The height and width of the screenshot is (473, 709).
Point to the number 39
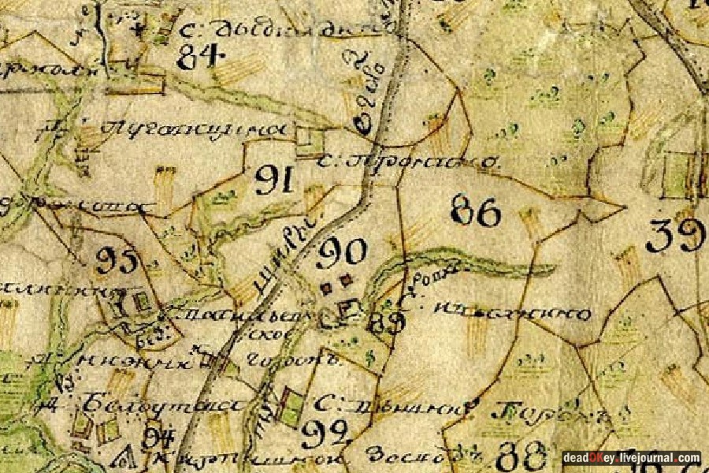point(675,235)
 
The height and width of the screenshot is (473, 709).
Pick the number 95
point(117,260)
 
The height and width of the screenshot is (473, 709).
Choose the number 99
point(324,432)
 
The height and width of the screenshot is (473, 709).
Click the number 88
point(522,455)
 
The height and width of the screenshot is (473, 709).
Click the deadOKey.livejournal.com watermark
point(631,457)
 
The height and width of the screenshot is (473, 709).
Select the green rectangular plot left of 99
point(291,405)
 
